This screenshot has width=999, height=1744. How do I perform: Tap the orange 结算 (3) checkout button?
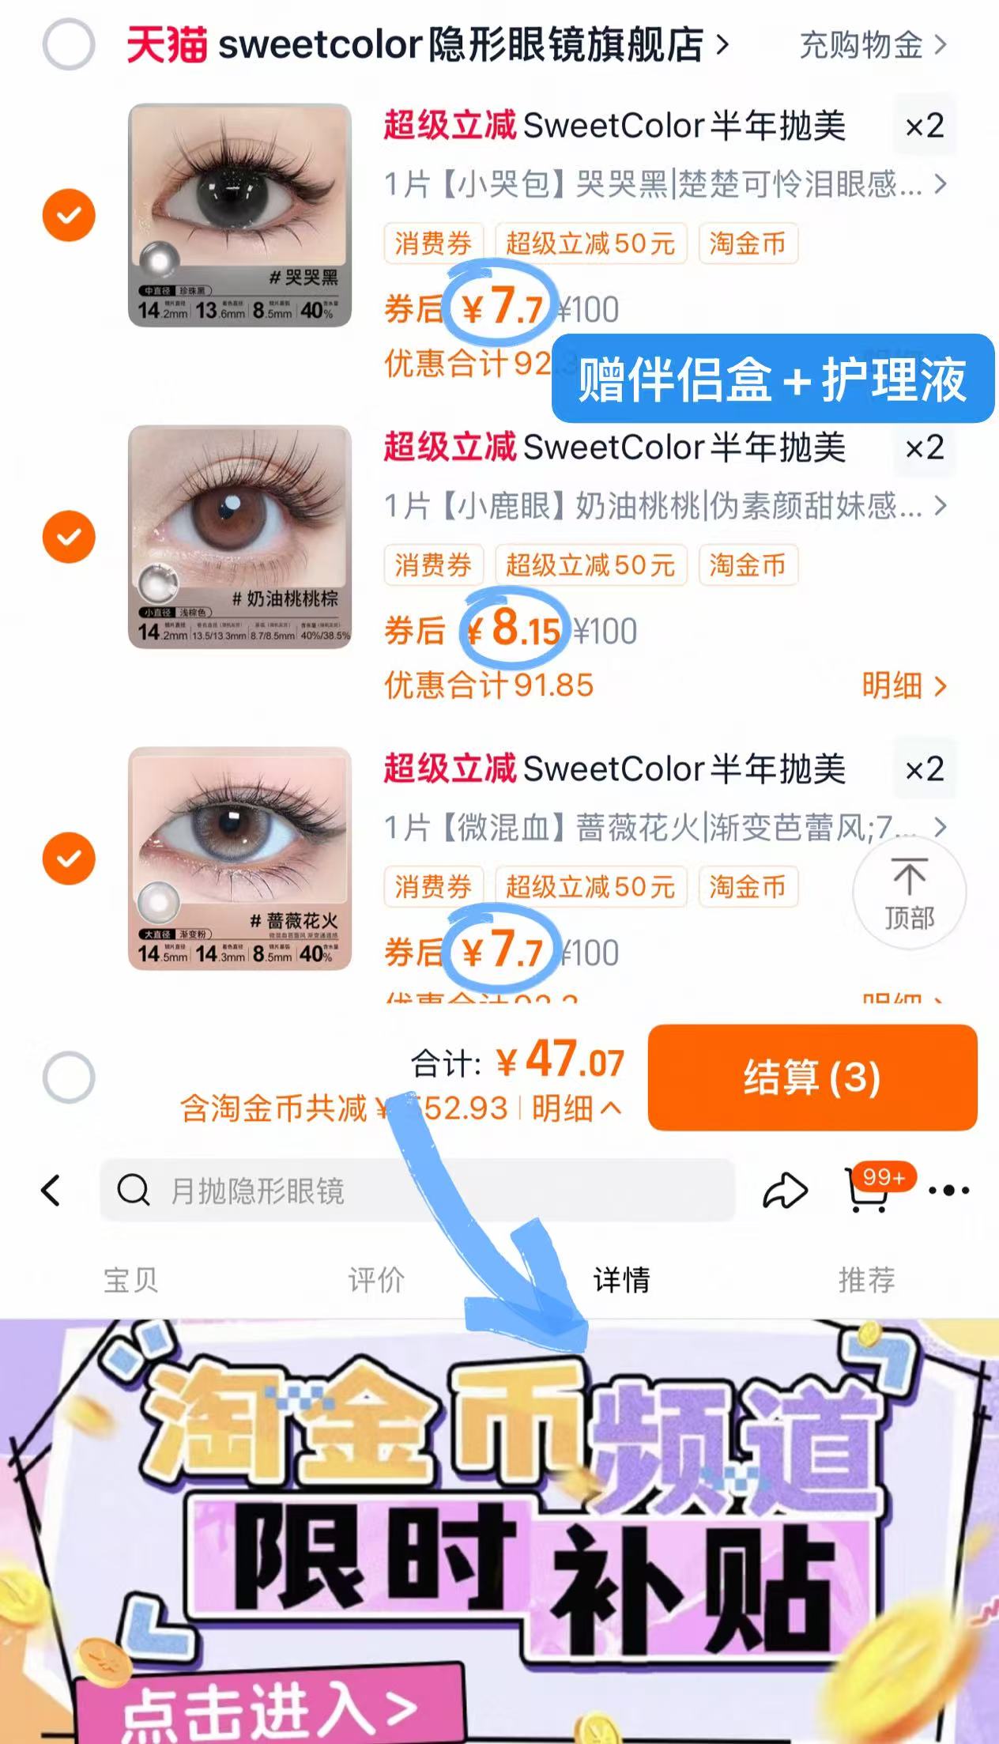point(812,1077)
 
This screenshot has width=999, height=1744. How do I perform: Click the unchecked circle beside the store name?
point(69,44)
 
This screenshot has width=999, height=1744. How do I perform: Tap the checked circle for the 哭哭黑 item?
point(69,215)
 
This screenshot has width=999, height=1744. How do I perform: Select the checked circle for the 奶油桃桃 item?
point(69,537)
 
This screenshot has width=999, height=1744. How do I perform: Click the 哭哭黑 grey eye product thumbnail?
point(239,215)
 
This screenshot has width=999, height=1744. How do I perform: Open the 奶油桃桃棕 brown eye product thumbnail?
point(239,537)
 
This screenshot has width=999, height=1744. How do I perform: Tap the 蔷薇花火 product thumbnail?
point(239,859)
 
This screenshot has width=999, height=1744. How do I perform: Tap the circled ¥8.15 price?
point(515,629)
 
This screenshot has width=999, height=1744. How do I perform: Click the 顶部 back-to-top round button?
point(909,893)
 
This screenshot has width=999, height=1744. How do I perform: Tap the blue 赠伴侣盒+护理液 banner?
point(772,379)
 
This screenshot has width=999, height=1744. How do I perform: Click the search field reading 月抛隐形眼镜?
point(417,1191)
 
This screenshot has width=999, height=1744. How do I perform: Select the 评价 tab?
point(376,1279)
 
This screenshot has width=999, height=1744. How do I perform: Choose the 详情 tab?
point(621,1279)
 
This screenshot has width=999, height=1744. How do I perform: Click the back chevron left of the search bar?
point(51,1191)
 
